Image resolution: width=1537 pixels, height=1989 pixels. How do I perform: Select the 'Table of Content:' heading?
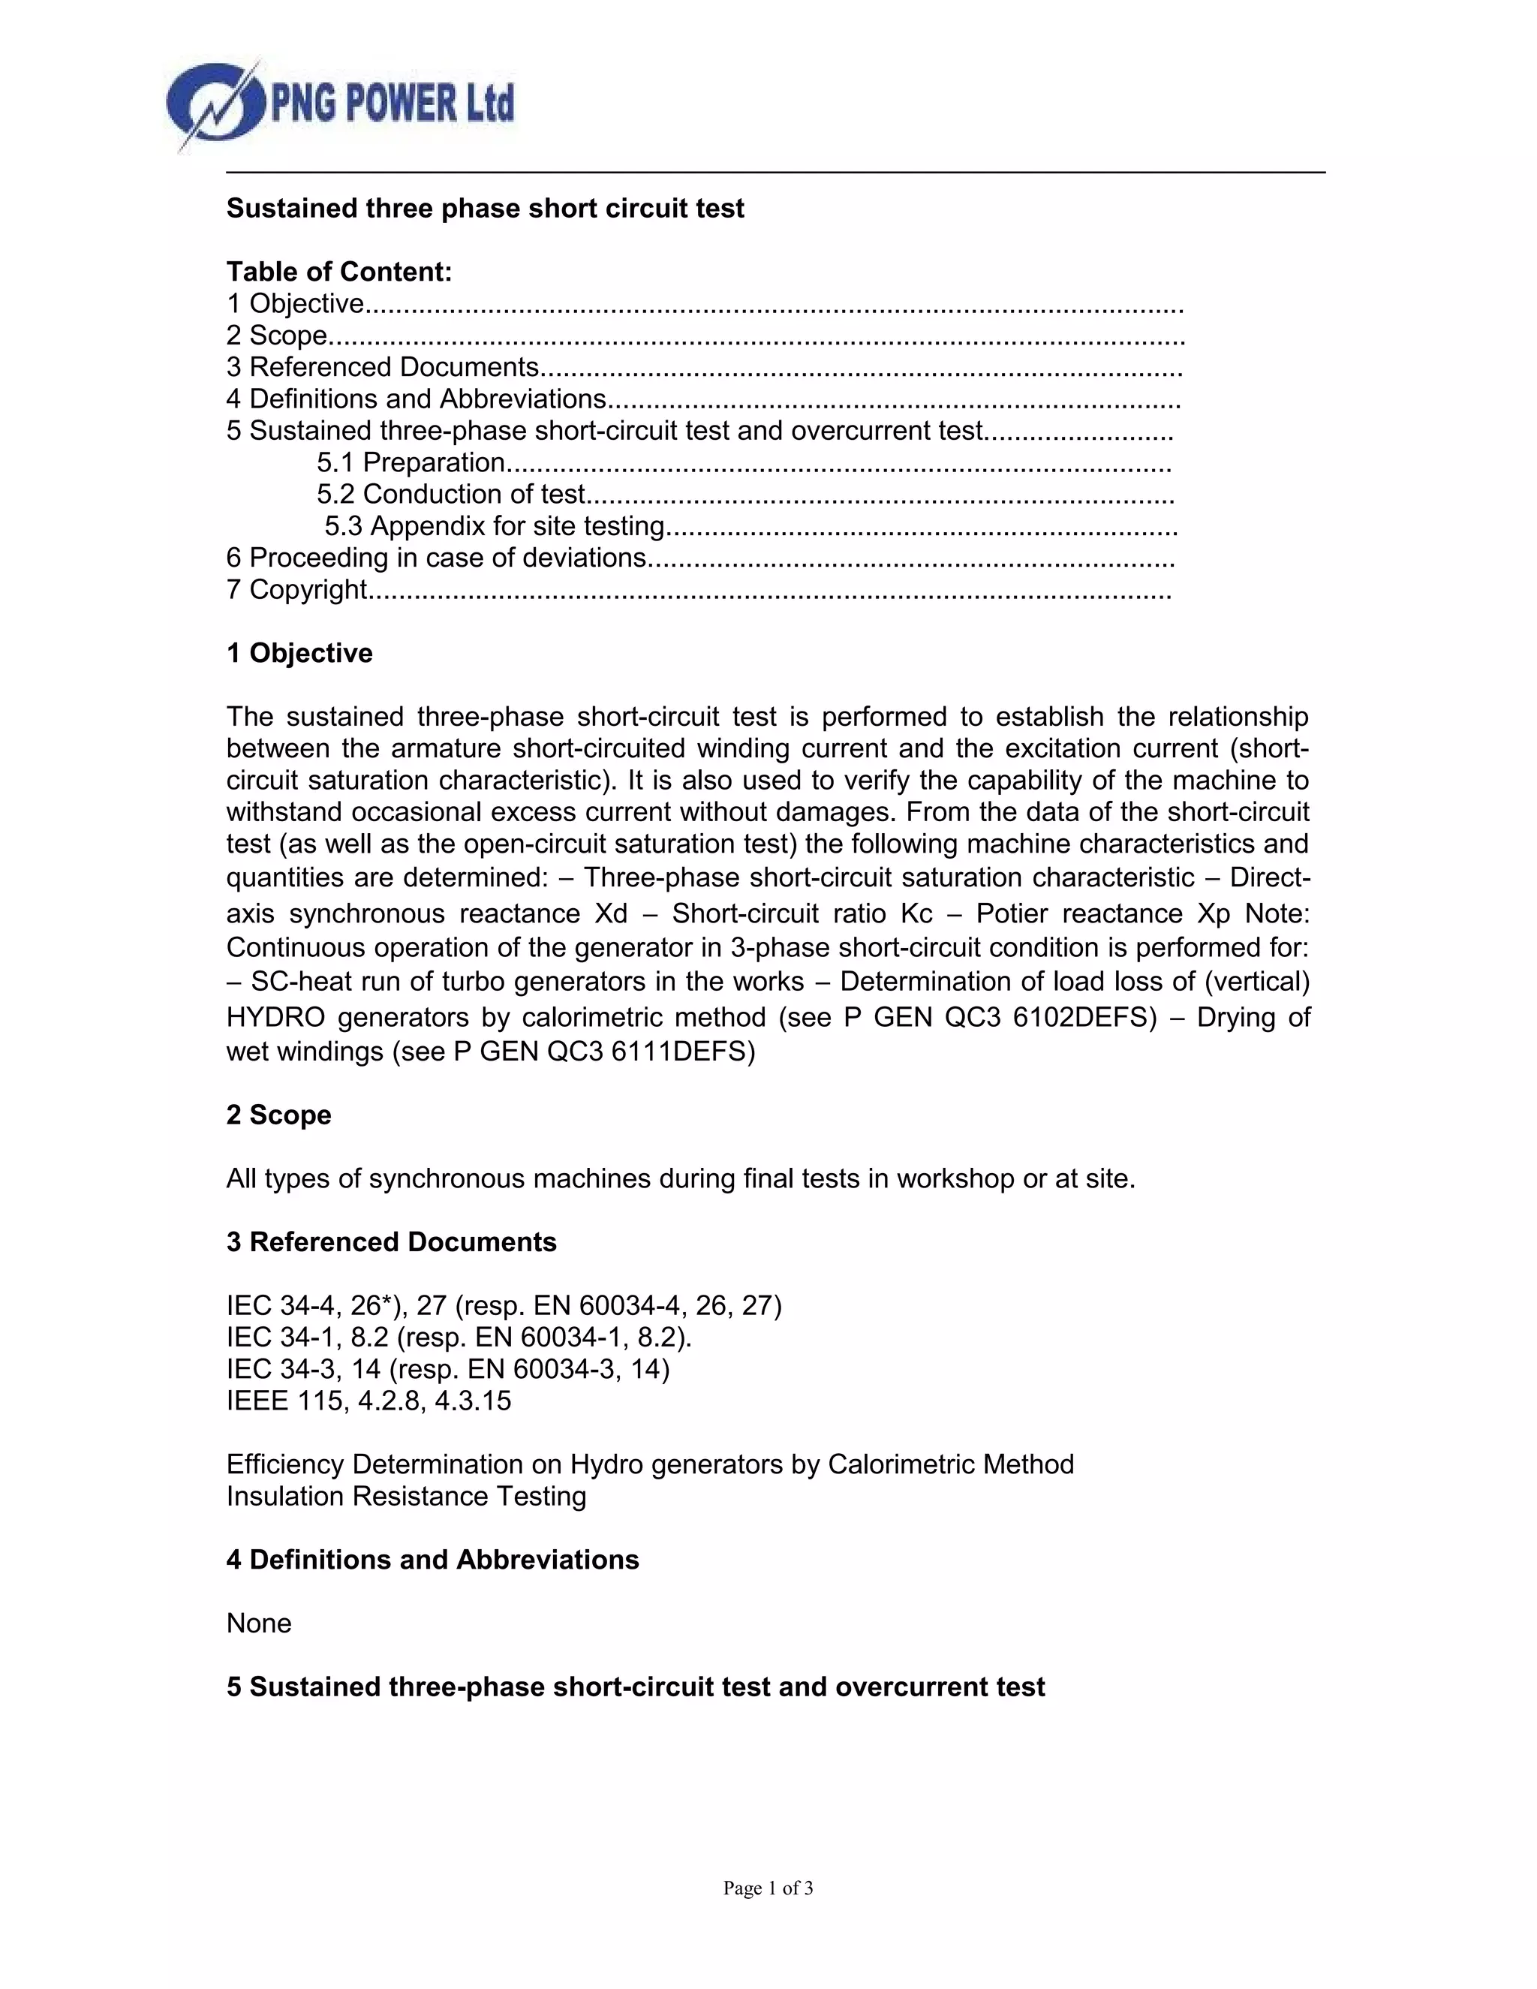(338, 272)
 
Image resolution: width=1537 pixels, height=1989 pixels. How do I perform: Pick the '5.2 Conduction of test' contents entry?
(451, 495)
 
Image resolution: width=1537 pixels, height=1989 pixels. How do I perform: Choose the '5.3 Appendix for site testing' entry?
(495, 526)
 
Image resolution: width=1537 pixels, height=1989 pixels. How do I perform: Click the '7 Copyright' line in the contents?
(296, 590)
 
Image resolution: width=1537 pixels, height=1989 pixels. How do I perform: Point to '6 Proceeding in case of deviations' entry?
(436, 558)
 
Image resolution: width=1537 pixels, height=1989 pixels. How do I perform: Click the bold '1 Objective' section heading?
(299, 653)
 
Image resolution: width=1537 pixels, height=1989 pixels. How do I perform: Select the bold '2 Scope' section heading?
(278, 1115)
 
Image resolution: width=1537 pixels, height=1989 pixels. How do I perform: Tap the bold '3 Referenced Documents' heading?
(392, 1242)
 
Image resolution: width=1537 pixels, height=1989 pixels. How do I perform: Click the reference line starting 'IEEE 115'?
(368, 1401)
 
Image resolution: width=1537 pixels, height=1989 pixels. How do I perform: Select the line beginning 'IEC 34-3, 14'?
(447, 1369)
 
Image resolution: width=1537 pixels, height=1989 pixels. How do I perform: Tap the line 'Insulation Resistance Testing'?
(406, 1497)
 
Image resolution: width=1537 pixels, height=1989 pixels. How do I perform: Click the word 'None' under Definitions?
(259, 1623)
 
